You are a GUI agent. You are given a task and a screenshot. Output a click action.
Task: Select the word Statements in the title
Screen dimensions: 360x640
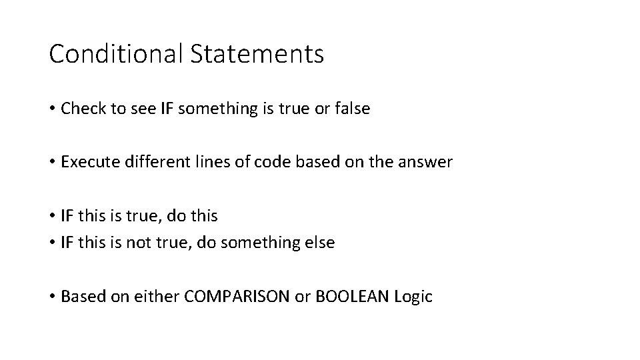pyautogui.click(x=257, y=54)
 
